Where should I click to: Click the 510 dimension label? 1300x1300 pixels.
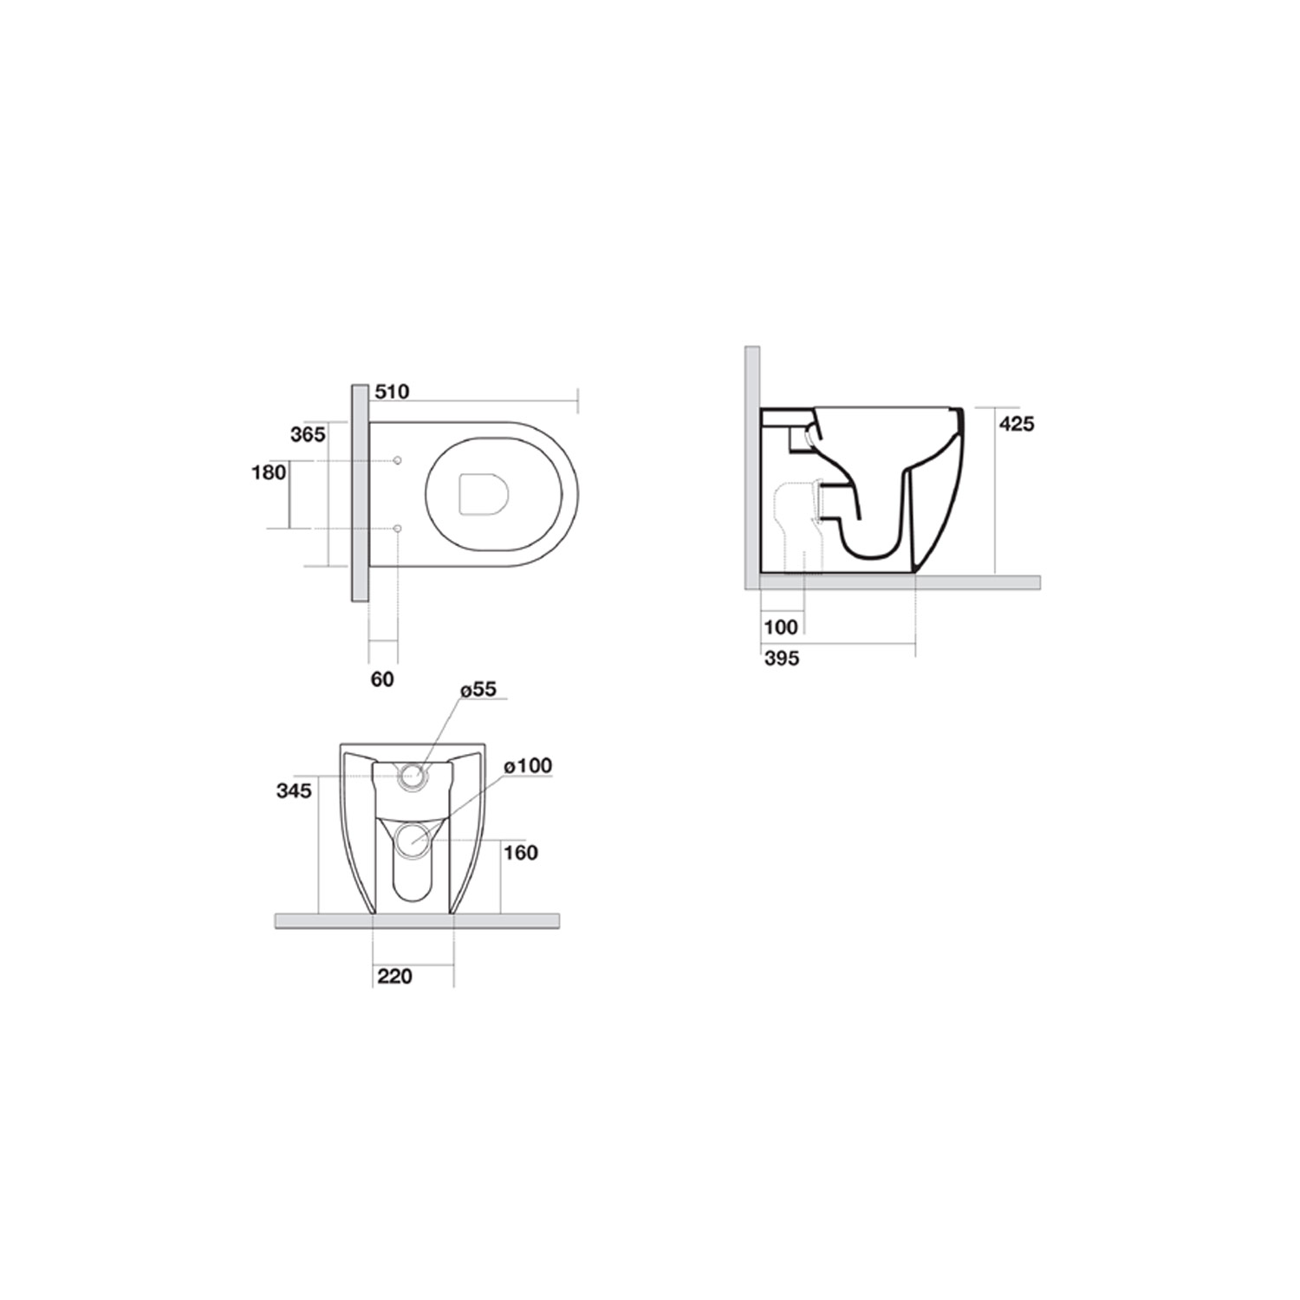[392, 393]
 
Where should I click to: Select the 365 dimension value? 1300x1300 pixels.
[308, 435]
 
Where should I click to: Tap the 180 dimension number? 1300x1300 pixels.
[269, 472]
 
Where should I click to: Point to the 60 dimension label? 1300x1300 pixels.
[382, 679]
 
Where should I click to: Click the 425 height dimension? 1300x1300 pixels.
[1017, 425]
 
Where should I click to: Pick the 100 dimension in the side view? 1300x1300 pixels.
[782, 627]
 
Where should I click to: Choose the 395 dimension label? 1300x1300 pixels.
[782, 659]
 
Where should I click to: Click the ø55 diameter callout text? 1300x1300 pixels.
[478, 690]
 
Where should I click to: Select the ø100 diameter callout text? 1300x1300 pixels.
[527, 766]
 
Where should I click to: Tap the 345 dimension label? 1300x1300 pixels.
[294, 790]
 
